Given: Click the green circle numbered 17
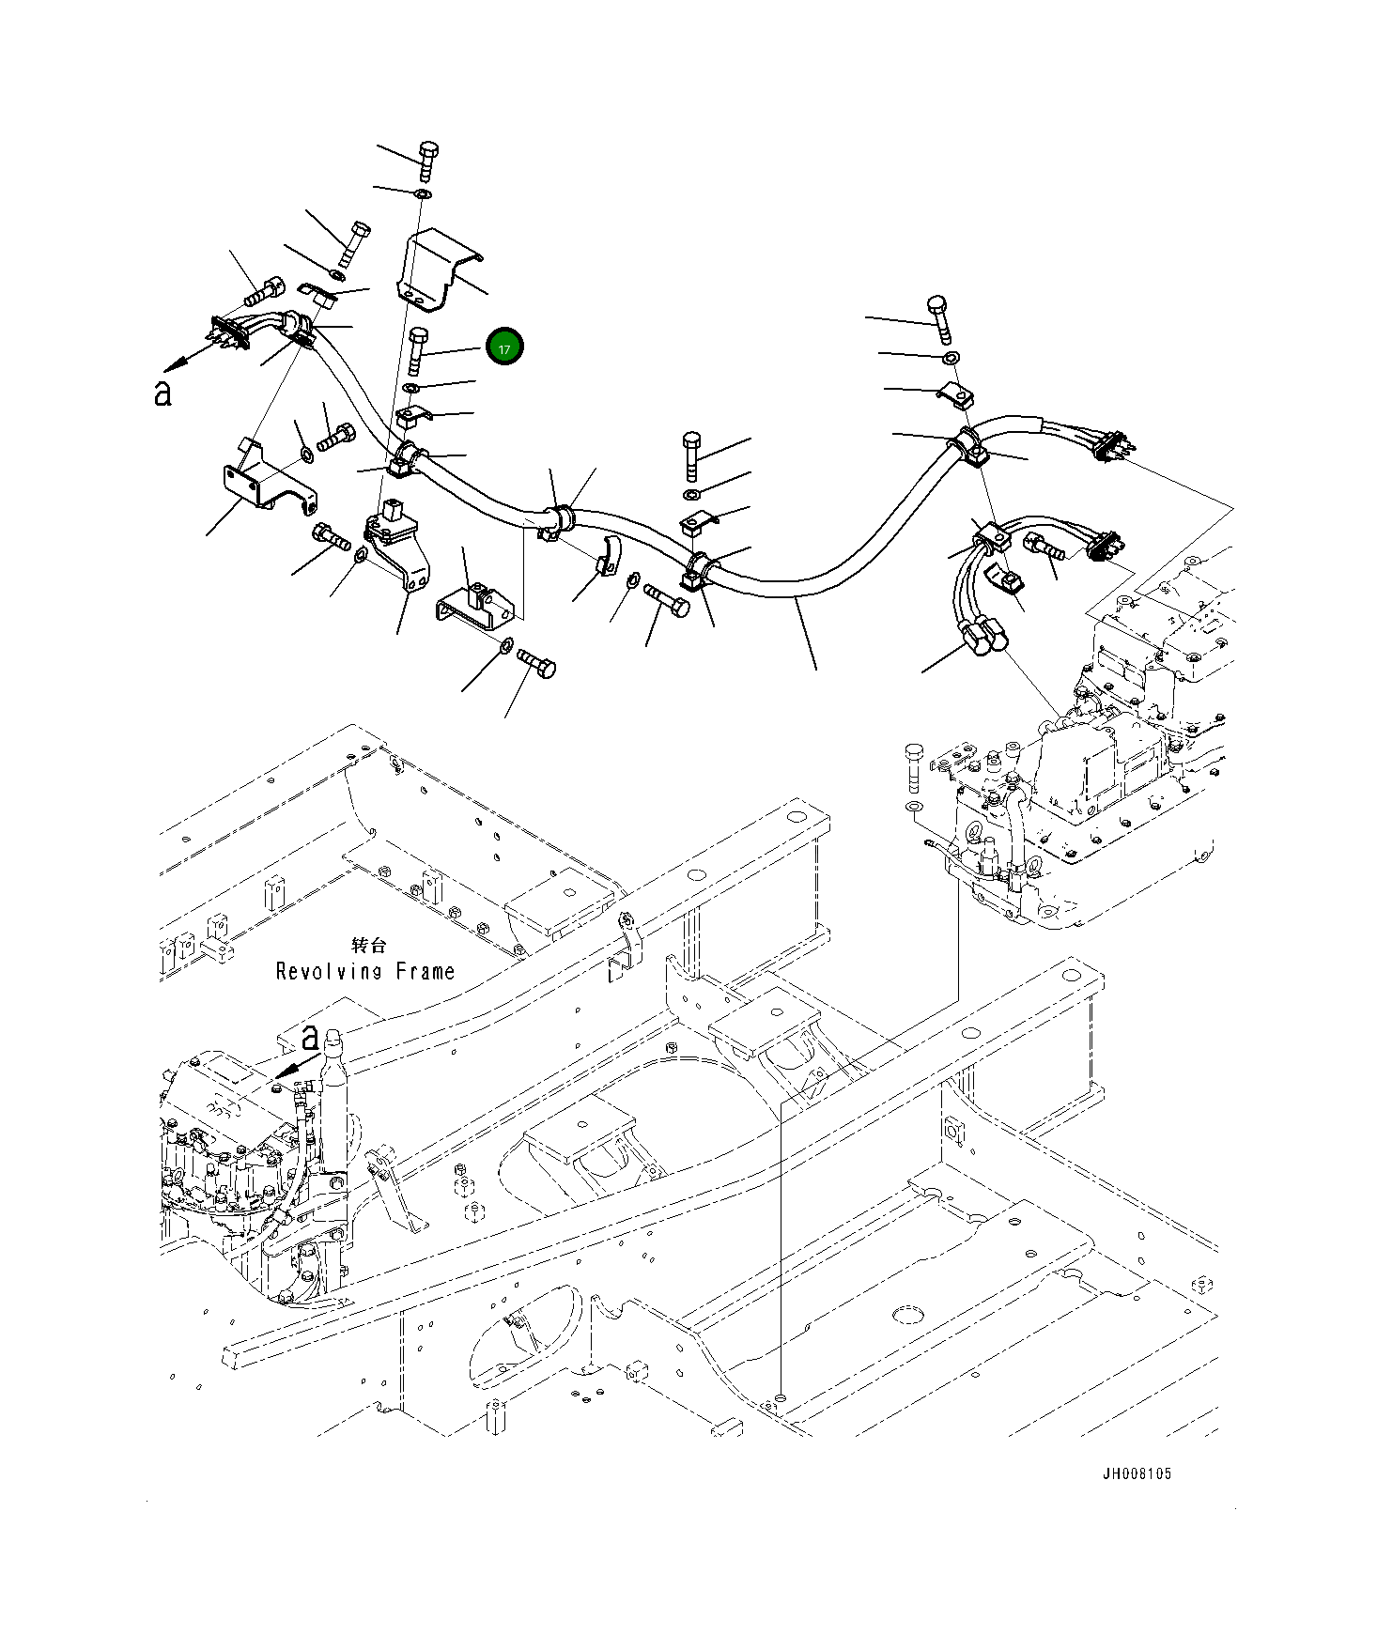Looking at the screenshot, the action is point(504,347).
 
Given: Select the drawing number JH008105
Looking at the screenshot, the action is point(1137,1473).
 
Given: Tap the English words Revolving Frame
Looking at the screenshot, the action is point(365,971).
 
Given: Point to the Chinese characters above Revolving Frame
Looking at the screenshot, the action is point(367,945).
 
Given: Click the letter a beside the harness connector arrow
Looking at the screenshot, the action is point(162,393).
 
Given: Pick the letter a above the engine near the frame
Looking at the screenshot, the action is point(310,1037).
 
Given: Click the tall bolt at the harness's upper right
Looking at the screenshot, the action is point(938,318).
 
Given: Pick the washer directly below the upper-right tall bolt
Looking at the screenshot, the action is point(951,358).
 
